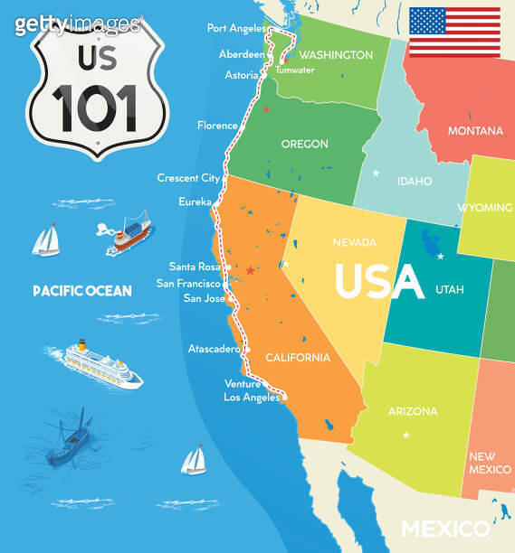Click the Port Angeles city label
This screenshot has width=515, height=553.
tap(235, 28)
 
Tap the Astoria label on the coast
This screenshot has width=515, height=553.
tap(241, 75)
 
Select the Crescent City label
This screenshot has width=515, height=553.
tap(188, 178)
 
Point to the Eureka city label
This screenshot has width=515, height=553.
tap(196, 201)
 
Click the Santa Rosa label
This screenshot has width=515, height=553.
tap(195, 267)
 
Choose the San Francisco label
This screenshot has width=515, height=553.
tap(189, 283)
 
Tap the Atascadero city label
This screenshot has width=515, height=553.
tap(214, 348)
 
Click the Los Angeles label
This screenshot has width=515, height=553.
tap(251, 397)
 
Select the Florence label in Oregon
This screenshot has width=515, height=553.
tap(217, 126)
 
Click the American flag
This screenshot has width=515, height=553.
tap(454, 32)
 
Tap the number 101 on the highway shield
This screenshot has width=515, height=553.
tap(94, 107)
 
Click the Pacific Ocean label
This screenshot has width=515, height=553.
tap(82, 291)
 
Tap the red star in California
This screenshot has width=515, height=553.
tap(250, 269)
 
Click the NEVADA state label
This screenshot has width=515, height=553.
tap(354, 242)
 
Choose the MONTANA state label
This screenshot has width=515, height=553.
tap(475, 131)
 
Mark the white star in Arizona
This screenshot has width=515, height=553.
tap(405, 436)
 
